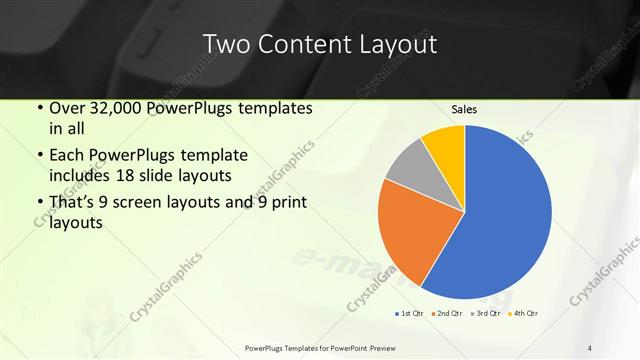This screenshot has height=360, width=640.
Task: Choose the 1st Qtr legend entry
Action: click(x=409, y=314)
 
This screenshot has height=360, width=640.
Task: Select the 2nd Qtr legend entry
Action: click(x=446, y=314)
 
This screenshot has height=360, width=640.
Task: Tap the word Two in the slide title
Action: click(x=224, y=44)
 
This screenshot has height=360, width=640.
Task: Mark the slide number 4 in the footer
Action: click(x=590, y=348)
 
